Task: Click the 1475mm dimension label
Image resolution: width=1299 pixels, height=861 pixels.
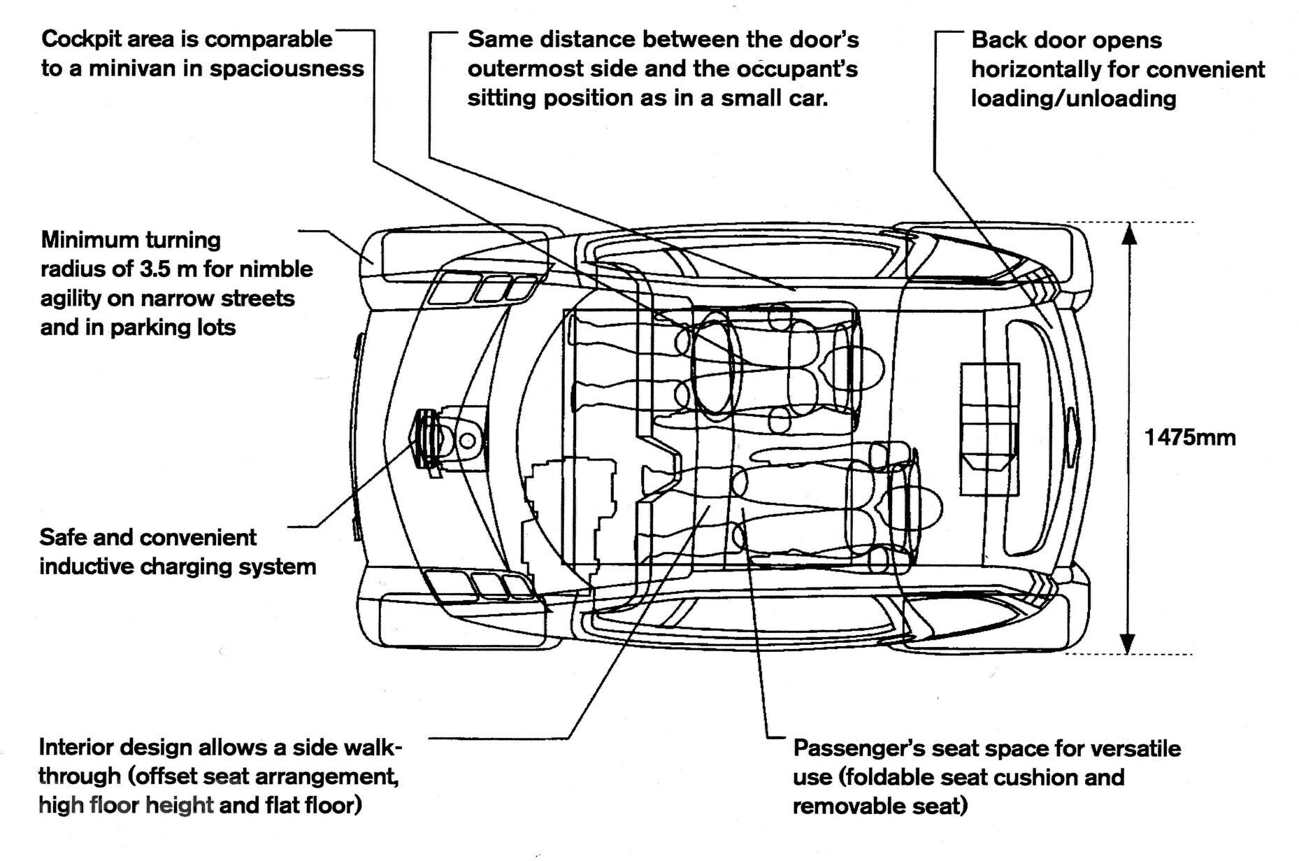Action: coord(1189,438)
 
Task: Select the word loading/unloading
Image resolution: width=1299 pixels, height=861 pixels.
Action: coord(1073,98)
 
